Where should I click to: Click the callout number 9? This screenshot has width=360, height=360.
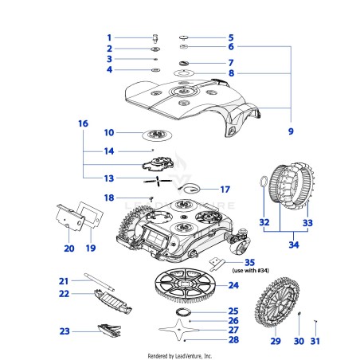291,131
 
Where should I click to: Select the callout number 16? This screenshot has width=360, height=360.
83,123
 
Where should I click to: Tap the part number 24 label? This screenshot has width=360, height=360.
233,285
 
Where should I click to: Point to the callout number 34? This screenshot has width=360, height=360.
294,245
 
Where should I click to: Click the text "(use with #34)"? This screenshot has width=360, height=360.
251,271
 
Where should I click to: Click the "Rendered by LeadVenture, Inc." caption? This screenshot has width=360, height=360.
180,356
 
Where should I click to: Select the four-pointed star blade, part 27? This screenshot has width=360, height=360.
179,330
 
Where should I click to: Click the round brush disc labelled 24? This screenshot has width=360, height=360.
186,285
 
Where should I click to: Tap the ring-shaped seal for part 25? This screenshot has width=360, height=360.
183,312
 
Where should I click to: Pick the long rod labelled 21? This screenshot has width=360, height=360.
99,282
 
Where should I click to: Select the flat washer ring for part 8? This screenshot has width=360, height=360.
184,72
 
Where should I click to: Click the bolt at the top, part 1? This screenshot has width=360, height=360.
155,38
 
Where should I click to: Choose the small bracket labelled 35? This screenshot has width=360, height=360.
217,264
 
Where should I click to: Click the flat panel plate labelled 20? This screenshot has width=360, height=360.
70,217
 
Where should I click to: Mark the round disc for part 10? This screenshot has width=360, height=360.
157,135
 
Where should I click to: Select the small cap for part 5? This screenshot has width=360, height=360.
183,37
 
